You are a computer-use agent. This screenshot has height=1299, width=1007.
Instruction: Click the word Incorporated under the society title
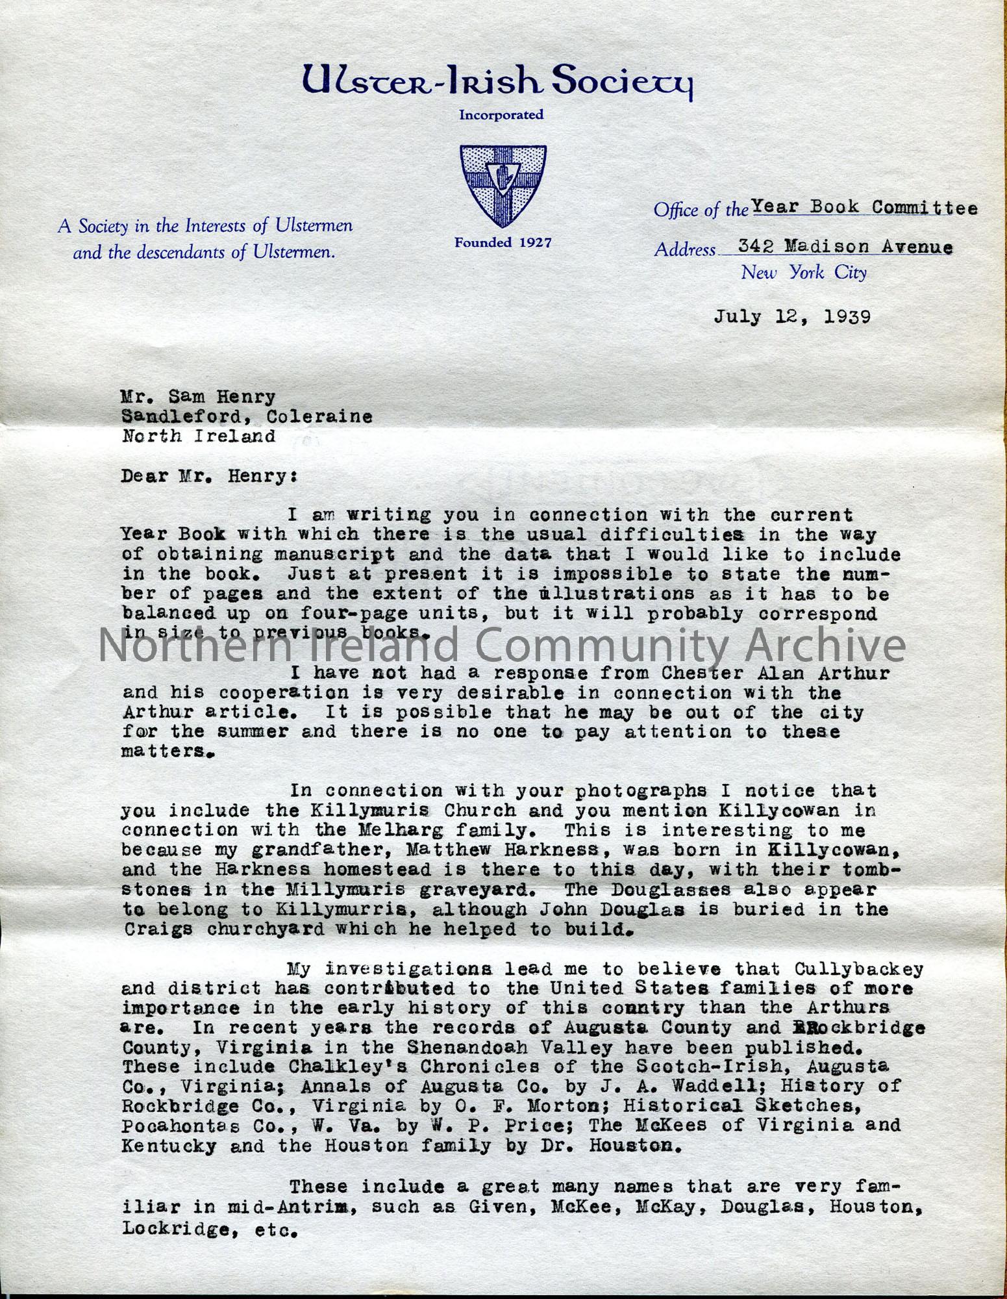point(501,115)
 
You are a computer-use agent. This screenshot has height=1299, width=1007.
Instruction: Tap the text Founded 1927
point(503,243)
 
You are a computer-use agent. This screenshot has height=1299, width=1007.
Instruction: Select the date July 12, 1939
point(792,316)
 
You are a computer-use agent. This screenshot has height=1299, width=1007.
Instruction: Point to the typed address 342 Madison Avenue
point(845,247)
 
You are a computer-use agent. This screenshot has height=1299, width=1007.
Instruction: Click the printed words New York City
point(804,273)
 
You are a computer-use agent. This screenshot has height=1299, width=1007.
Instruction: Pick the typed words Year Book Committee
point(864,208)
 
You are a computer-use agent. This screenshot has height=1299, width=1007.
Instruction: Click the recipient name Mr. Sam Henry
point(199,396)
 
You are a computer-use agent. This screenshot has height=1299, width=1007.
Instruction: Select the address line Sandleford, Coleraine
point(247,416)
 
